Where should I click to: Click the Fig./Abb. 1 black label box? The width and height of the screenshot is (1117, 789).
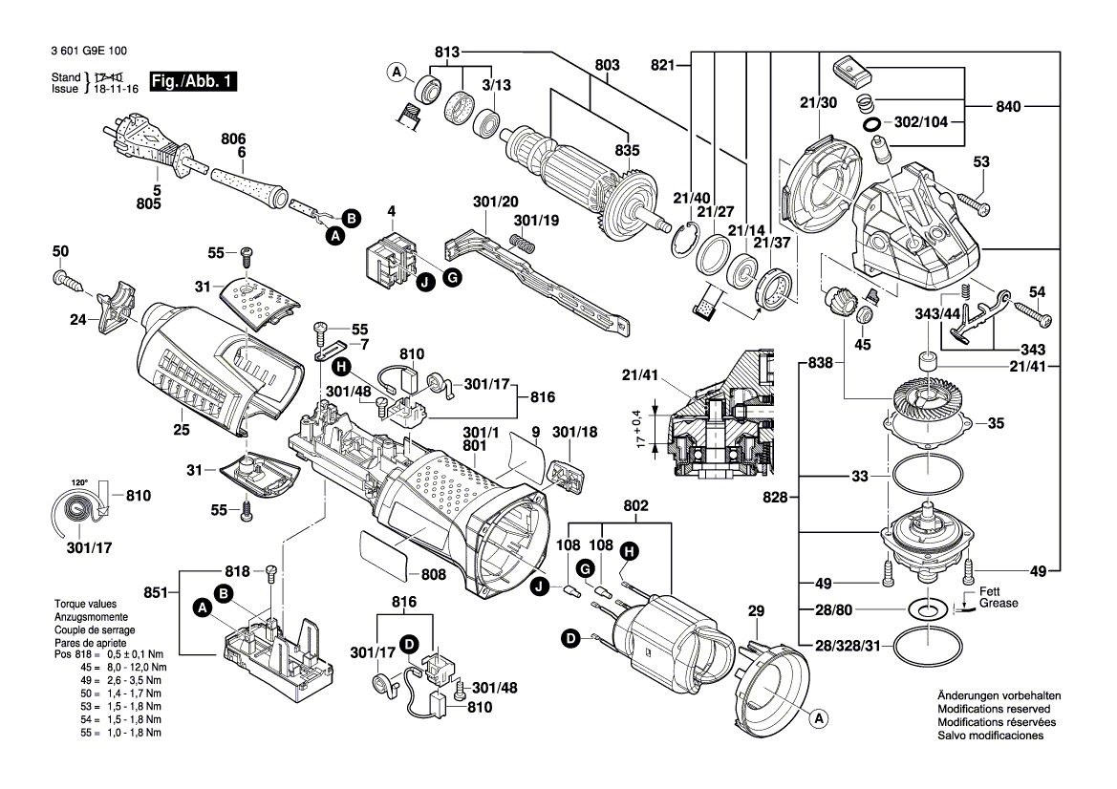point(192,83)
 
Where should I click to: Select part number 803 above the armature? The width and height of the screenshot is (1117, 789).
point(607,65)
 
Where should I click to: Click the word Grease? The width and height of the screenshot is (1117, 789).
point(999,604)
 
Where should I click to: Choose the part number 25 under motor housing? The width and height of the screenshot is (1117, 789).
point(182,430)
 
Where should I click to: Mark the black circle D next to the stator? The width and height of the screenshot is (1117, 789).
point(571,638)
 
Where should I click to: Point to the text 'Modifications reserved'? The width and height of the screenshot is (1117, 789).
point(994,710)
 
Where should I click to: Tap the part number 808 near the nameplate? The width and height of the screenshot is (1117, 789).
point(434,576)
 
